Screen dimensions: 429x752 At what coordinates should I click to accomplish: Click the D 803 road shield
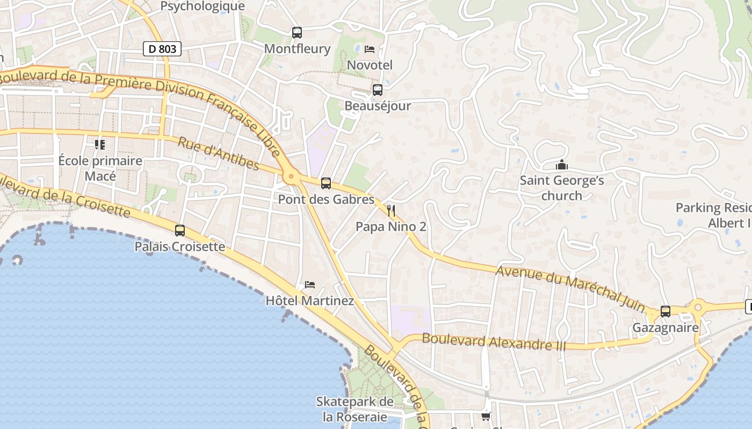coord(162,49)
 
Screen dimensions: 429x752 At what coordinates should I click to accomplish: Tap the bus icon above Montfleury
coord(297,32)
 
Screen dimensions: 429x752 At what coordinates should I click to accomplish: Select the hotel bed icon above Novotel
coord(370,49)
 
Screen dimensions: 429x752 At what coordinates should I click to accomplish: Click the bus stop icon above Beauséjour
coord(378,90)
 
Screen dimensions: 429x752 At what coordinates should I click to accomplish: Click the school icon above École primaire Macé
coord(100,145)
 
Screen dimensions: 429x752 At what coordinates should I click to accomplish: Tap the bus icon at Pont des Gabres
coord(326,183)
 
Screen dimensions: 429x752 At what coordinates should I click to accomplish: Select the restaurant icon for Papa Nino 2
coord(391,210)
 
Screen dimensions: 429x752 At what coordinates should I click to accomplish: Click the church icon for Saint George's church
coord(562,165)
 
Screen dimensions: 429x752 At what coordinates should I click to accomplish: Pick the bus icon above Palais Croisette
coord(180,231)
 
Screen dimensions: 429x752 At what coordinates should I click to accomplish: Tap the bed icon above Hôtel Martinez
coord(310,285)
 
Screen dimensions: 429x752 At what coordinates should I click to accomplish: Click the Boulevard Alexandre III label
coord(494,342)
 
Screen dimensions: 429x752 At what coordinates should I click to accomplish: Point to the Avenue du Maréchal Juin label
coord(570,289)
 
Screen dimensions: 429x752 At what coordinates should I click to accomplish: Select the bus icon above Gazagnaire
coord(666,311)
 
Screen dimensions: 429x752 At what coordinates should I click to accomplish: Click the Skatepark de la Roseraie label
coord(355,409)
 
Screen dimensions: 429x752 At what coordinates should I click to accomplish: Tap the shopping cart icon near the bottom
coord(486,416)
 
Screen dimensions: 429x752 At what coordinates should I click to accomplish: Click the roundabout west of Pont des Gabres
coord(291,175)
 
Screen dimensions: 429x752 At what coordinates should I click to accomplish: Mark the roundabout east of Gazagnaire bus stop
coord(698,308)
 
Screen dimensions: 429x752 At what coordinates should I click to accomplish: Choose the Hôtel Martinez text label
coord(310,301)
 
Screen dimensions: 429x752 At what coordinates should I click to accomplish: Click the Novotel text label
coord(370,65)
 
